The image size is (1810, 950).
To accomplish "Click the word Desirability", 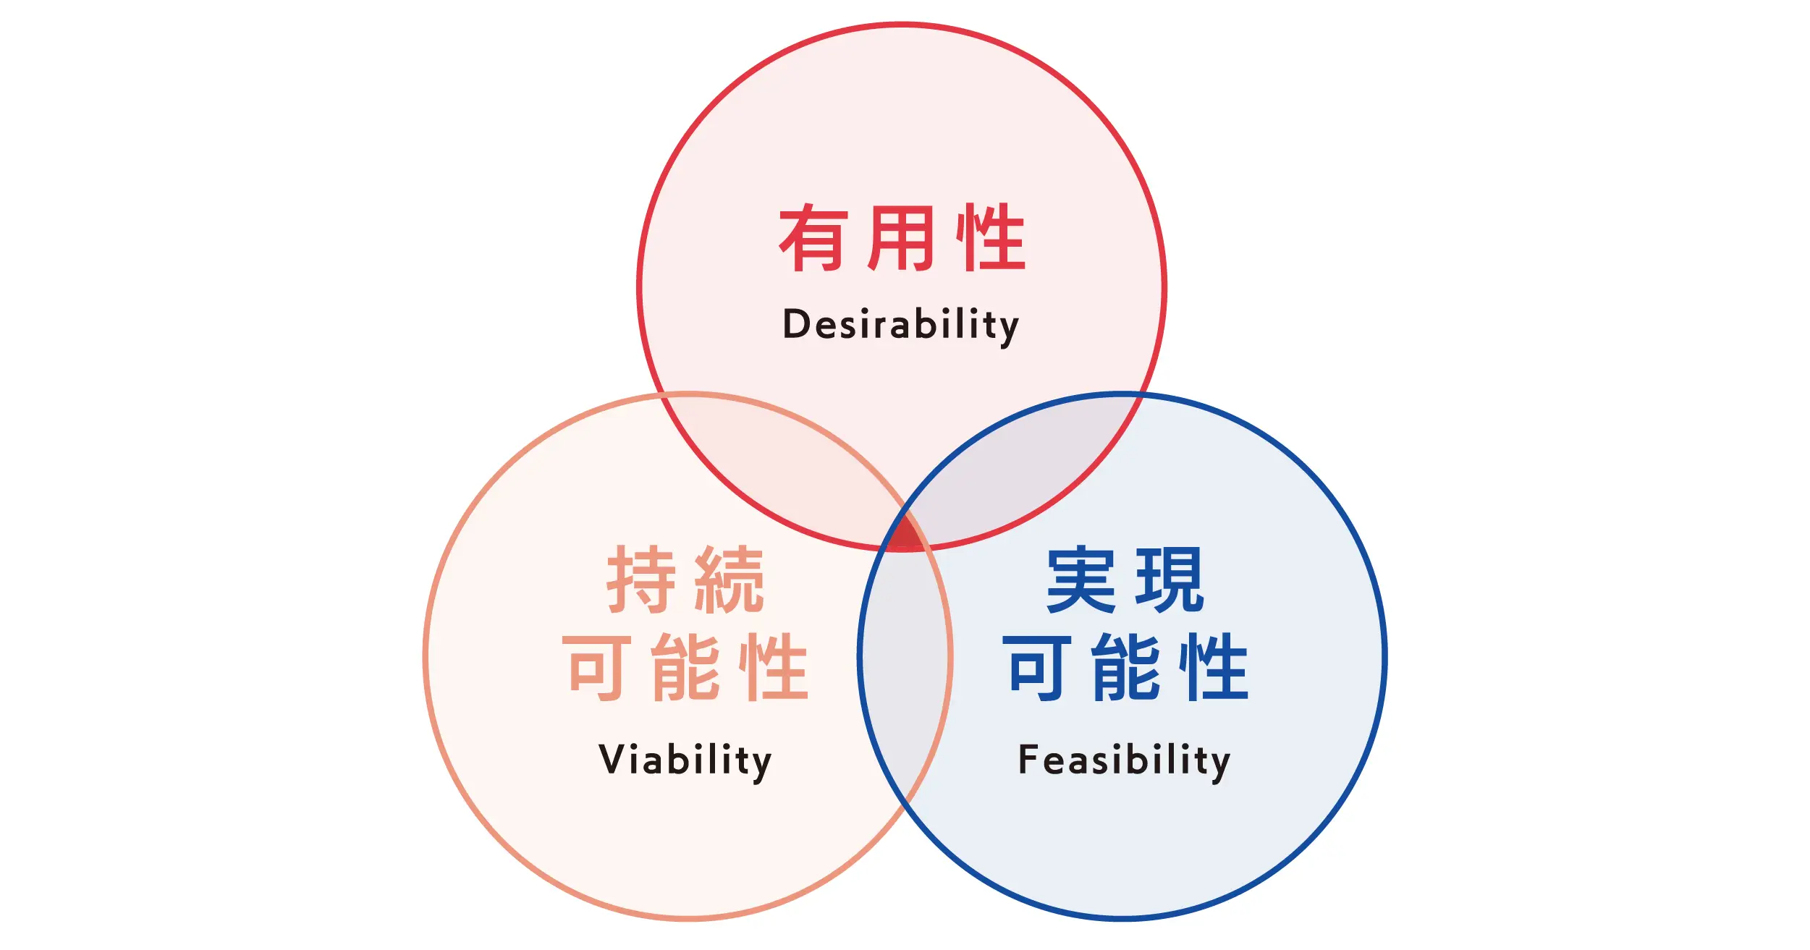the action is (x=901, y=325).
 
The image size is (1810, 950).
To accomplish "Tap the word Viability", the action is (x=685, y=760).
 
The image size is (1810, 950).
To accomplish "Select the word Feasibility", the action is (x=1125, y=760).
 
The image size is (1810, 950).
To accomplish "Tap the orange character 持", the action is (x=641, y=579).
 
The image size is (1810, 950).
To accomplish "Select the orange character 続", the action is (x=730, y=579).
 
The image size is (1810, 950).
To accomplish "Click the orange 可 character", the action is (x=596, y=667).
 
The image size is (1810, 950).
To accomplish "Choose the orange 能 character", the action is (x=685, y=667).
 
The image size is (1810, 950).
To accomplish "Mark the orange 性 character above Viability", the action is (x=774, y=667).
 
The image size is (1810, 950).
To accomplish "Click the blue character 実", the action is (x=1081, y=579).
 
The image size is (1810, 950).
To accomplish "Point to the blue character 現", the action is (x=1170, y=579).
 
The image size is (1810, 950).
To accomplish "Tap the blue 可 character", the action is (x=1036, y=667).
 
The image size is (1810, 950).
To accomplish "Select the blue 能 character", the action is (x=1125, y=667).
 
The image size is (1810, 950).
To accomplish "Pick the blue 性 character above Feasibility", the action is (x=1214, y=667).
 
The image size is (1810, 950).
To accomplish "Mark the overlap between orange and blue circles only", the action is (x=905, y=658).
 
